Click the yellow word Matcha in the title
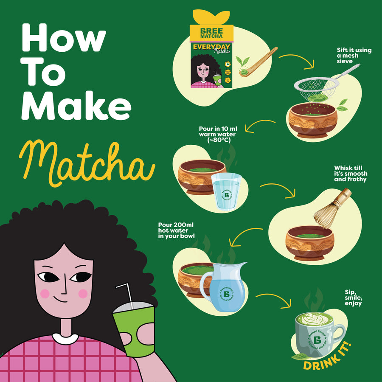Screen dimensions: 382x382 [x=85, y=163]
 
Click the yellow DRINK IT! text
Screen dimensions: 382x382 [x=327, y=359]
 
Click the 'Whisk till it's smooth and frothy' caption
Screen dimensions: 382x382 [x=351, y=174]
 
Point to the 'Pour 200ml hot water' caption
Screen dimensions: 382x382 [x=177, y=230]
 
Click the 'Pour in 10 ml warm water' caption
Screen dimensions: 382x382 [x=217, y=134]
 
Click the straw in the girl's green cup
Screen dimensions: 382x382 [x=125, y=295]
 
